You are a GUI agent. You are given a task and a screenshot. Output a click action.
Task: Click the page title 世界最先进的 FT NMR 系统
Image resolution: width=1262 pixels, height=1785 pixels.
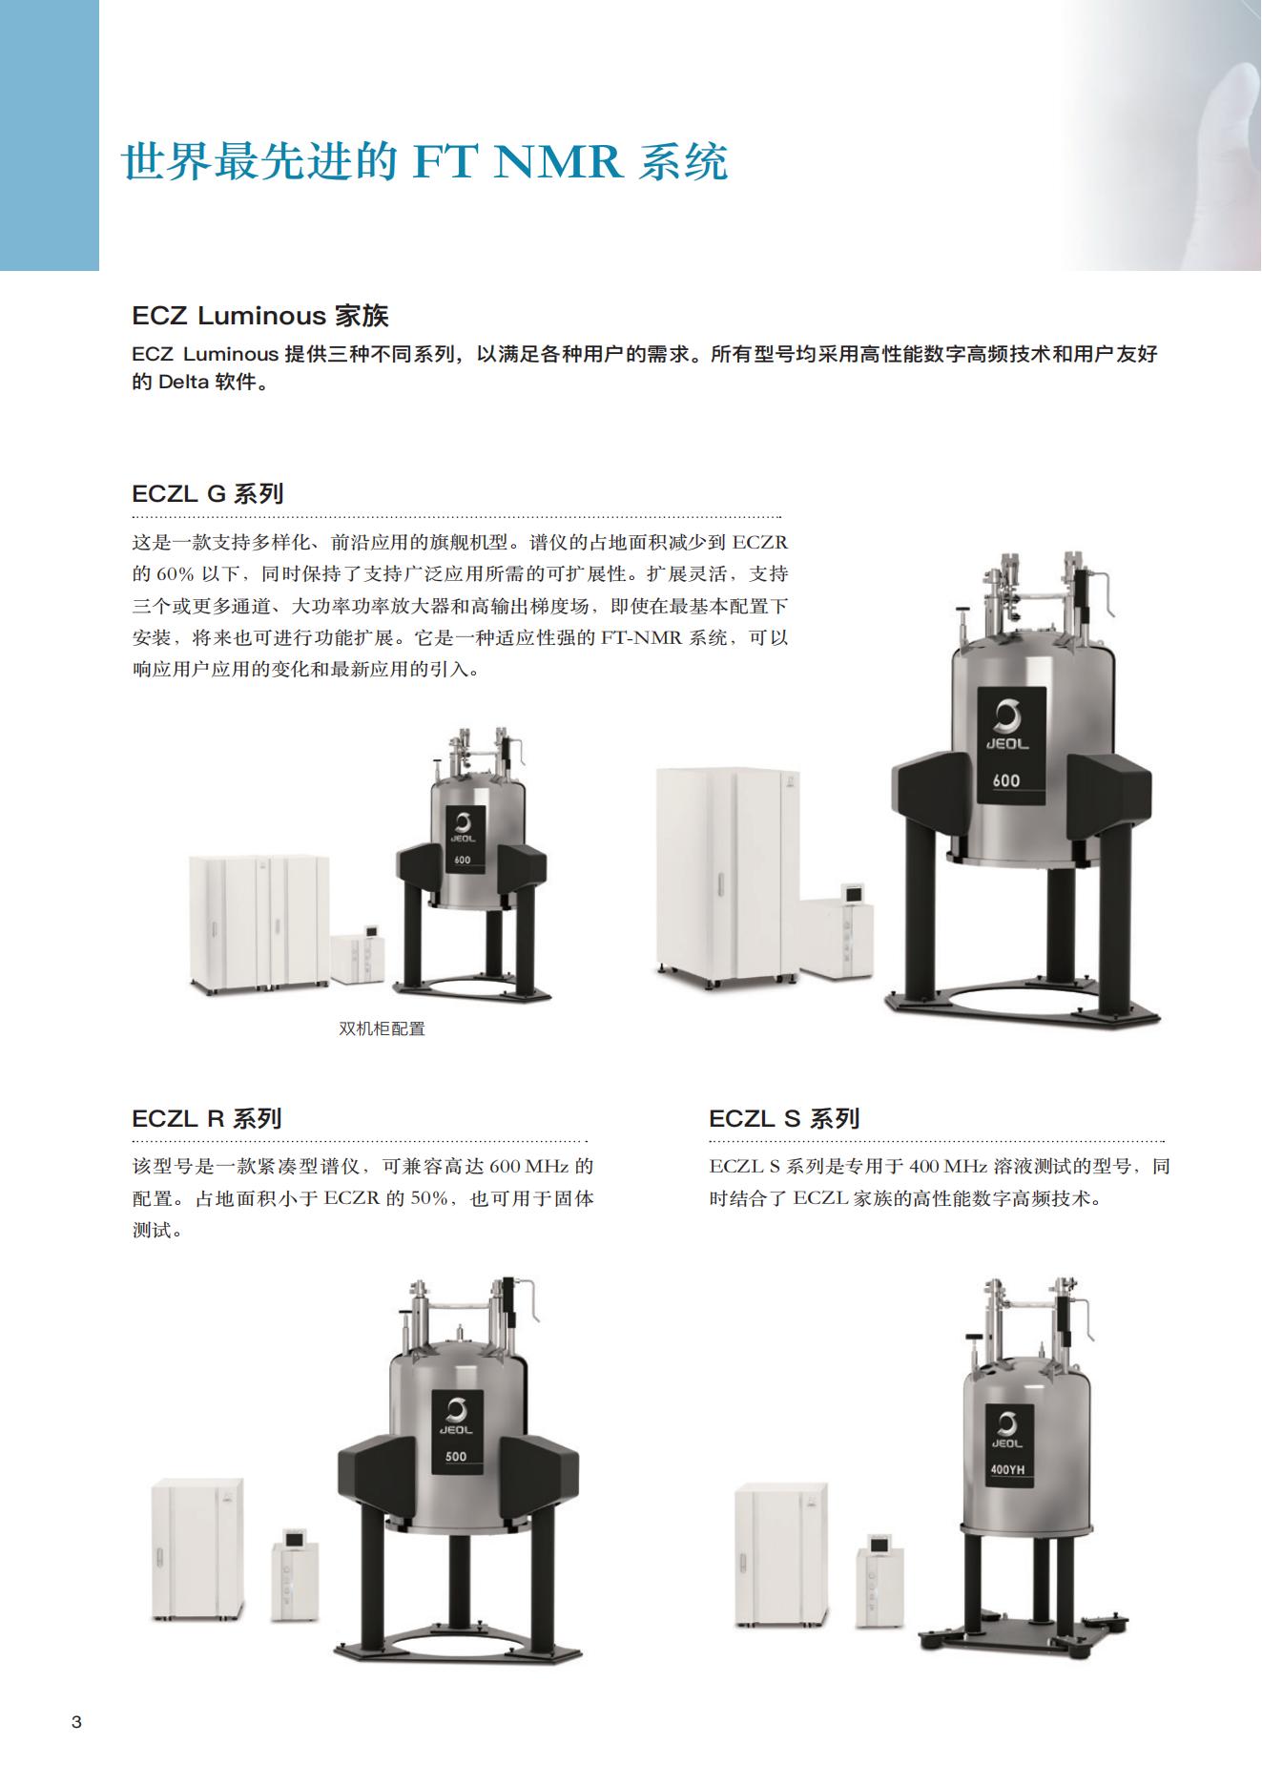pyautogui.click(x=425, y=162)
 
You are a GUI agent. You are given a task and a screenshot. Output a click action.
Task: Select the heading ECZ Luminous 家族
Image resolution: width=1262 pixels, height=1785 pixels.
pyautogui.click(x=260, y=316)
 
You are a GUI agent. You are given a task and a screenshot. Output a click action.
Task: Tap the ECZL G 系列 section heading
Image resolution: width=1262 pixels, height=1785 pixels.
pyautogui.click(x=208, y=494)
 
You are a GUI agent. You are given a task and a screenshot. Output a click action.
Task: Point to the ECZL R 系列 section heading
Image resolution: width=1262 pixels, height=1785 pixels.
pyautogui.click(x=207, y=1118)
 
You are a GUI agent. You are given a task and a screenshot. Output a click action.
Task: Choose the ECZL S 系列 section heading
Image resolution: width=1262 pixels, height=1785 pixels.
pyautogui.click(x=784, y=1118)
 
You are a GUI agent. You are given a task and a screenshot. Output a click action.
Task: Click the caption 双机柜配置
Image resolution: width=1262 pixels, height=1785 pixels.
pyautogui.click(x=382, y=1029)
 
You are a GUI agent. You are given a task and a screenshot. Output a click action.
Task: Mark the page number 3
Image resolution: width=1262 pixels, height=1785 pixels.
pyautogui.click(x=77, y=1722)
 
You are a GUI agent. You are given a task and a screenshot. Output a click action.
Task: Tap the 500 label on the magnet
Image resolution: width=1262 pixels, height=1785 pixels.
pyautogui.click(x=456, y=1457)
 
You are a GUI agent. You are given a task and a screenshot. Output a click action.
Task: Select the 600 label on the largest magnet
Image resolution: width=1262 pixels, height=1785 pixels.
pyautogui.click(x=1005, y=779)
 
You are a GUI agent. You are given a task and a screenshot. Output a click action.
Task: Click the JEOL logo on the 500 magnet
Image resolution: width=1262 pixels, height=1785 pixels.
pyautogui.click(x=456, y=1417)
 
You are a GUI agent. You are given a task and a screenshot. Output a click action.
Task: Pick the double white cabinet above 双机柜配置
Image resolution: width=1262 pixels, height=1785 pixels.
pyautogui.click(x=259, y=922)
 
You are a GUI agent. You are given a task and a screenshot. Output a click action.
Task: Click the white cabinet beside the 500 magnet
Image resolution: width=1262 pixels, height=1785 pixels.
pyautogui.click(x=197, y=1549)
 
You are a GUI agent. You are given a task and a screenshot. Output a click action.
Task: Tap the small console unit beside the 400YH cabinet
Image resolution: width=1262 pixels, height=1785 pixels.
pyautogui.click(x=879, y=1581)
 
